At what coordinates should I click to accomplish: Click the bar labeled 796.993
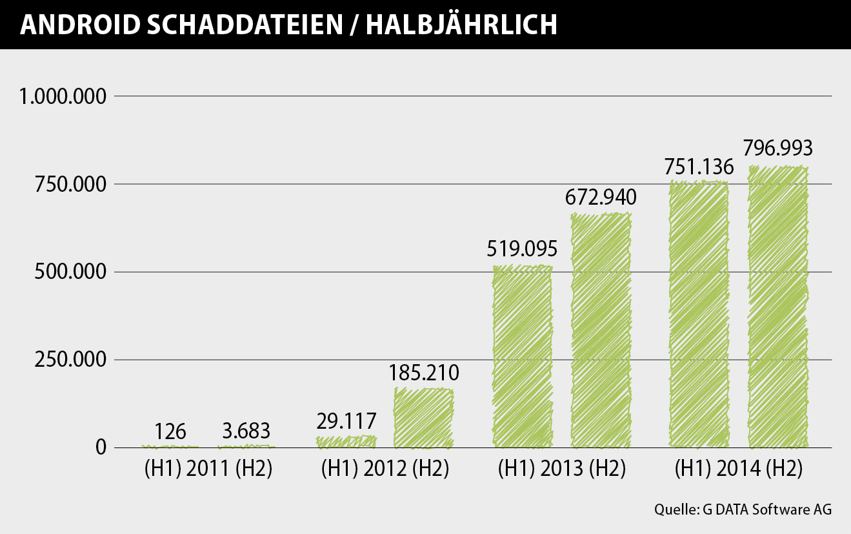[778, 307]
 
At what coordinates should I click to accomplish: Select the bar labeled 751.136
[699, 314]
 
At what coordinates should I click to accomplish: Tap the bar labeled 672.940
[601, 331]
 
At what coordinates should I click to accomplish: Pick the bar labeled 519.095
[523, 356]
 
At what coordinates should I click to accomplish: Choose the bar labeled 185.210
[424, 418]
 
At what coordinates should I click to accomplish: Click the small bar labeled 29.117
[346, 442]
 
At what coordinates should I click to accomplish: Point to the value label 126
[170, 431]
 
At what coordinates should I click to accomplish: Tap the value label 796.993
[778, 149]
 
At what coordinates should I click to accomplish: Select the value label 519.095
[523, 249]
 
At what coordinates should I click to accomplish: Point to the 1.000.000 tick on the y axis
[62, 97]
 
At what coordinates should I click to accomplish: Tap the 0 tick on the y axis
[101, 447]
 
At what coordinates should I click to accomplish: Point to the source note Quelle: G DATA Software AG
[743, 509]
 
